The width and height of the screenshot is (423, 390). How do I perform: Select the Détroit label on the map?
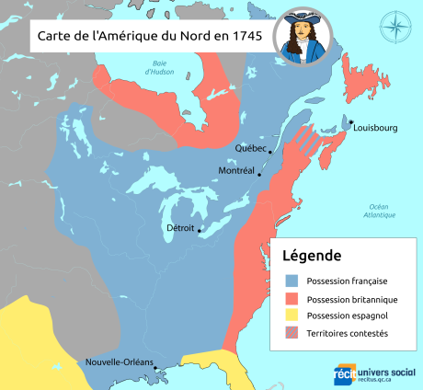pos(180,227)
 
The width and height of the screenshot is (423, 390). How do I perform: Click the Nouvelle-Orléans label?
pos(118,361)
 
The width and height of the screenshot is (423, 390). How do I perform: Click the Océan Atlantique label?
pos(378,210)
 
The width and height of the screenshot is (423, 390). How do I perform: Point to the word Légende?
pos(312,255)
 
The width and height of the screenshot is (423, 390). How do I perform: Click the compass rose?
pos(394,26)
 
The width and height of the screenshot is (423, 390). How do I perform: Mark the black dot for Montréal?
pos(259,174)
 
